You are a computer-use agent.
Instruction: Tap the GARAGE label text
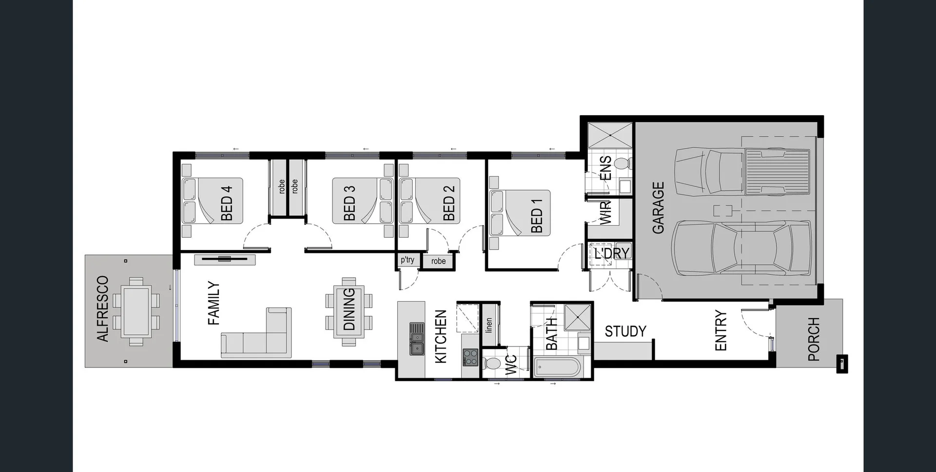coord(658,207)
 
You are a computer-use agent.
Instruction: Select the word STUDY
coord(625,331)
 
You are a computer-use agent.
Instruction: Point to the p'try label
coord(408,260)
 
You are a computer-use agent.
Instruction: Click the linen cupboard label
coord(489,325)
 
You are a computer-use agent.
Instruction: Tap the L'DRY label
coord(612,253)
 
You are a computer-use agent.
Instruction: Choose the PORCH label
coord(814,339)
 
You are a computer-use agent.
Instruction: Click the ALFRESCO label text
coord(102,308)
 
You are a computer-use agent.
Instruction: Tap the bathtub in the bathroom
coord(557,367)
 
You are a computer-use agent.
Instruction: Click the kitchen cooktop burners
coord(470,357)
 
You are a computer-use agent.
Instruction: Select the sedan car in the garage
coord(741,248)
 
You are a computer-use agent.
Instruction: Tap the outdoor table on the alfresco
coord(136,311)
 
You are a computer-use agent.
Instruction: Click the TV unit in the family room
coord(225,260)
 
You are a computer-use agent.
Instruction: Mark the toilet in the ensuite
coord(622,163)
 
